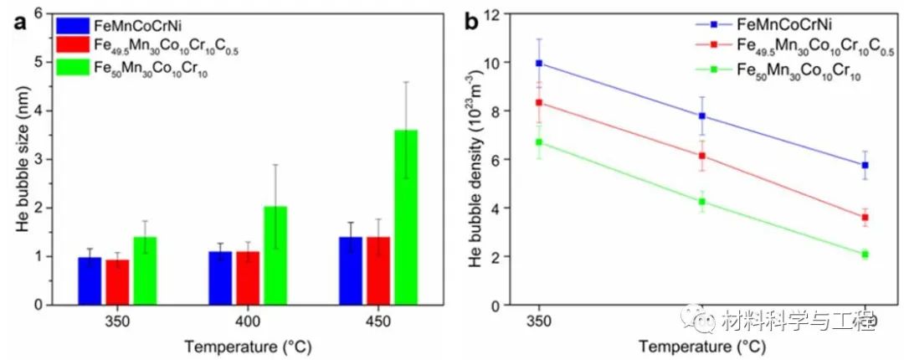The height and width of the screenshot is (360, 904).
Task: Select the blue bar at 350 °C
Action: click(x=90, y=281)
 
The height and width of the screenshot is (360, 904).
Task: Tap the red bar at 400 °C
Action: click(x=248, y=278)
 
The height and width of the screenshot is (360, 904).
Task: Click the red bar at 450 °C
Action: click(x=378, y=271)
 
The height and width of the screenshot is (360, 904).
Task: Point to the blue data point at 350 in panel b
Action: click(x=539, y=63)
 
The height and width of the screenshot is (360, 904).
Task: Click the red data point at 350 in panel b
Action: click(x=539, y=102)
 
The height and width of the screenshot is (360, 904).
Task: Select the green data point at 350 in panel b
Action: click(x=539, y=142)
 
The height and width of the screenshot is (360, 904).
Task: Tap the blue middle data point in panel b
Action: click(x=702, y=116)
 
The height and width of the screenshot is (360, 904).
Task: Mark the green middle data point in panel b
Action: click(x=702, y=202)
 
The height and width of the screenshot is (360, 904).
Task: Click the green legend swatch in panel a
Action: click(x=72, y=69)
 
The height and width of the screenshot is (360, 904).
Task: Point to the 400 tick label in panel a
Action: click(x=247, y=321)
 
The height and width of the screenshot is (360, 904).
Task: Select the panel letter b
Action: click(x=472, y=21)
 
